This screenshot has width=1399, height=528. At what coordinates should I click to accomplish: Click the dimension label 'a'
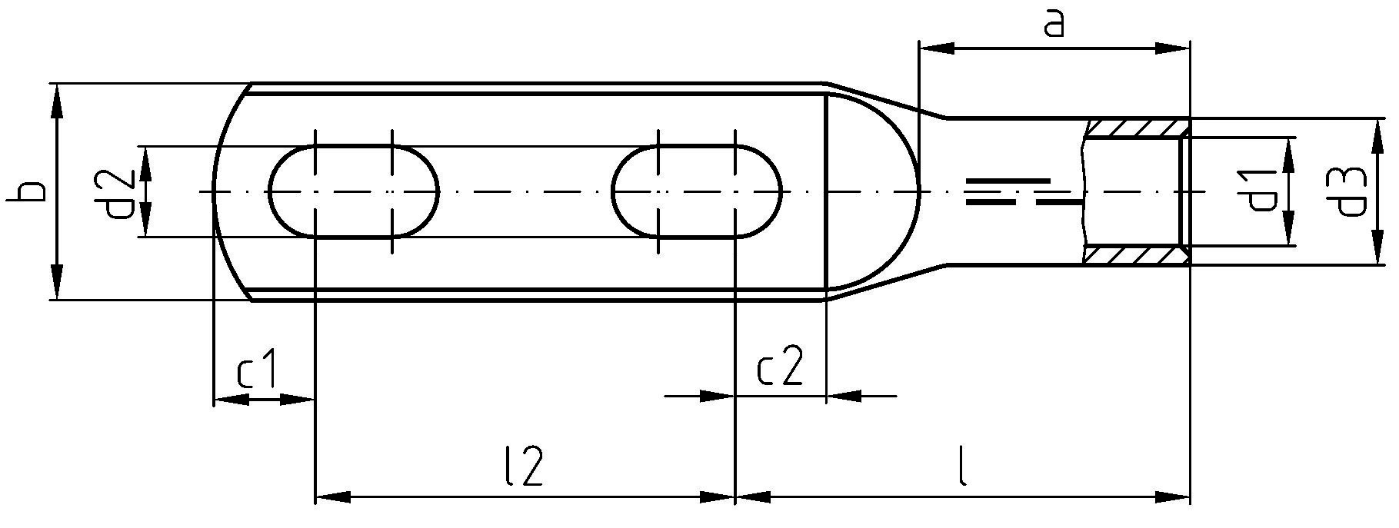pos(1054,25)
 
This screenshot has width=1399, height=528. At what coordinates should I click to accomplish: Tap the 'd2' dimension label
pos(120,193)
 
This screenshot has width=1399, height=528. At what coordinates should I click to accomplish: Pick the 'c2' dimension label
pos(780,367)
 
